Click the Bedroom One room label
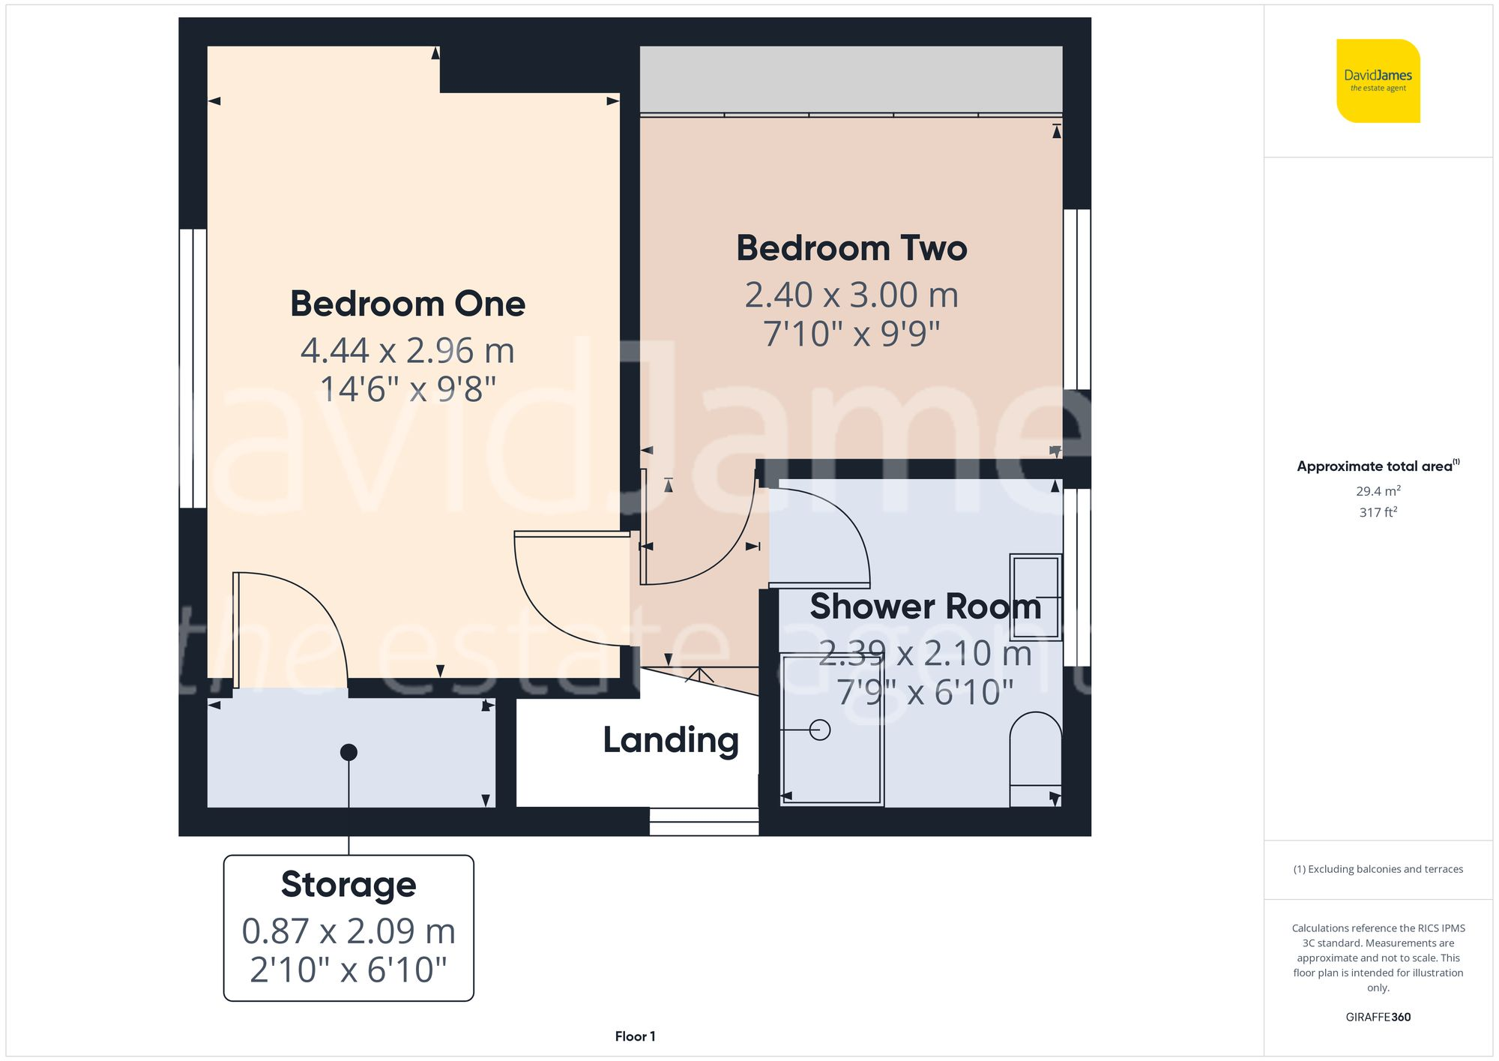pos(408,304)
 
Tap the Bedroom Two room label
pos(851,248)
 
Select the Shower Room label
pos(926,607)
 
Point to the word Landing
pos(671,740)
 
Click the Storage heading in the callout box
pos(349,884)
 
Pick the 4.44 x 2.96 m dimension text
pos(408,350)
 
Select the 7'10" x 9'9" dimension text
pos(851,334)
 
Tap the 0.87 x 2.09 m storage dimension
pos(349,931)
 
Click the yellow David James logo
pos(1378,81)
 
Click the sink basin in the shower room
pos(1035,596)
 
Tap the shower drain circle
pos(820,730)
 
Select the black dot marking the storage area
pos(349,752)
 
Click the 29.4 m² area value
pos(1378,491)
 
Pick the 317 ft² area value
pos(1378,512)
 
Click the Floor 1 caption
pos(635,1036)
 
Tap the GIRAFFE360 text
pos(1378,1018)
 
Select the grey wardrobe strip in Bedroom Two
pos(851,79)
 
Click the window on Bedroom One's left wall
pos(193,368)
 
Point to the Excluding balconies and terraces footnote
pos(1378,869)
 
